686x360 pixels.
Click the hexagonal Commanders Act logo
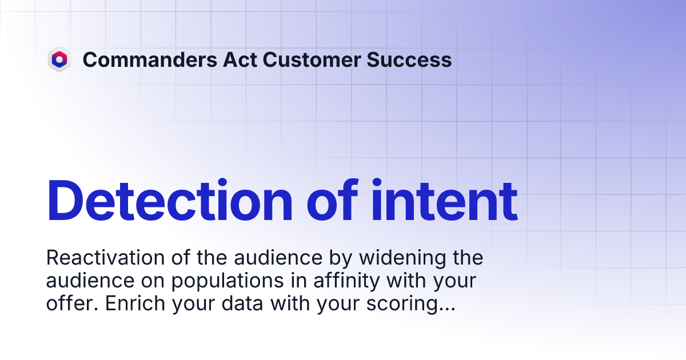click(x=59, y=59)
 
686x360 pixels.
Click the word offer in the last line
click(x=65, y=305)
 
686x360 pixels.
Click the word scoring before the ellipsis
click(x=403, y=305)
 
